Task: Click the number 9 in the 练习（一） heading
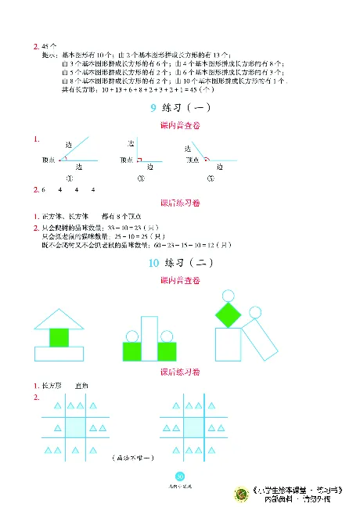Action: tap(153, 108)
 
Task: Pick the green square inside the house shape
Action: tap(59, 337)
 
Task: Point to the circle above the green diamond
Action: tap(228, 295)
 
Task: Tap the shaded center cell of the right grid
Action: tap(194, 428)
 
